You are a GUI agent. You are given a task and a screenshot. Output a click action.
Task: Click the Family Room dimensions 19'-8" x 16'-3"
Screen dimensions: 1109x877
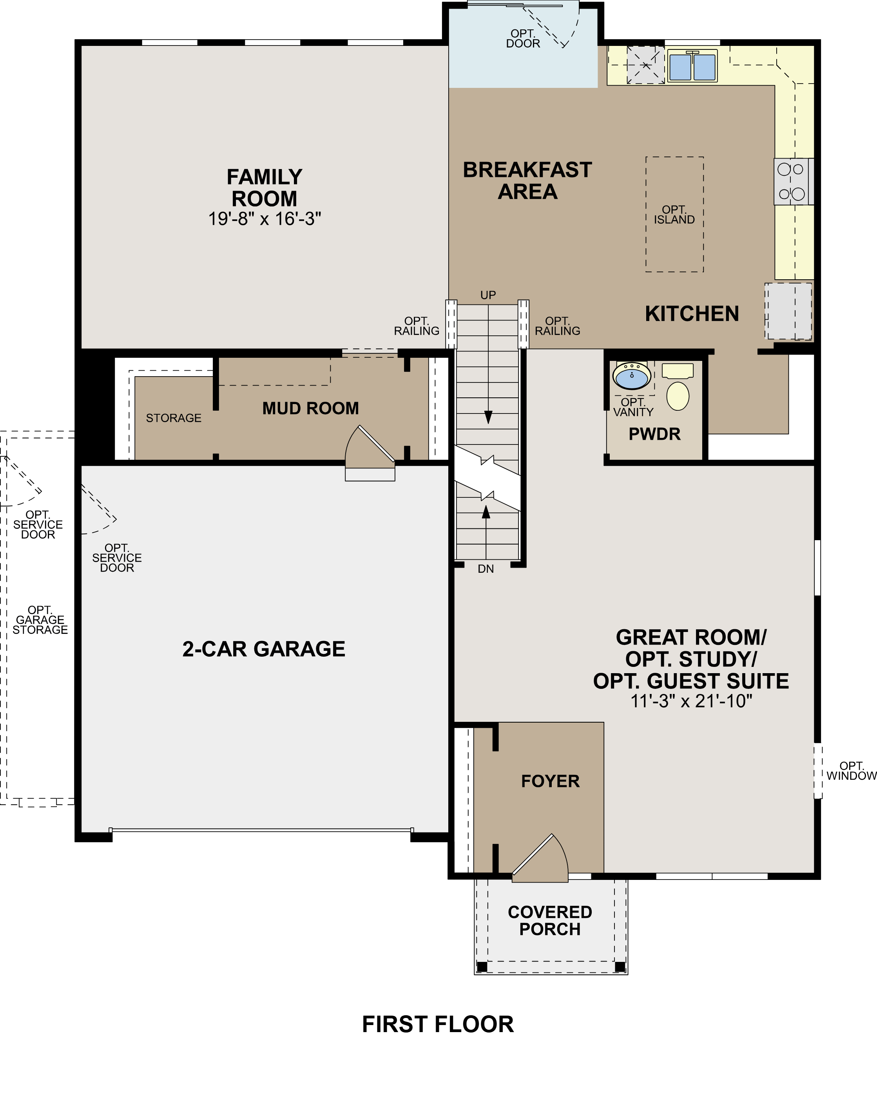[x=265, y=219]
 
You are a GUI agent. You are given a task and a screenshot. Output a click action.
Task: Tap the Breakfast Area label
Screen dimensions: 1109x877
[x=527, y=181]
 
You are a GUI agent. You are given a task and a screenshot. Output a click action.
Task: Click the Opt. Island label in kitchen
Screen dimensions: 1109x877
[x=674, y=215]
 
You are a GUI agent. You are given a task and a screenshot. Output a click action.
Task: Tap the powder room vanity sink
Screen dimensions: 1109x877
[x=632, y=375]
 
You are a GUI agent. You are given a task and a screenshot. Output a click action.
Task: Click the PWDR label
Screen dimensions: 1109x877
[x=655, y=434]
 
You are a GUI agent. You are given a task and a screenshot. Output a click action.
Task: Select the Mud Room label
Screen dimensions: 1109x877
[x=311, y=408]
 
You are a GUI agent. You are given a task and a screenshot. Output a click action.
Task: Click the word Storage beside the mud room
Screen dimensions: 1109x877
[x=174, y=418]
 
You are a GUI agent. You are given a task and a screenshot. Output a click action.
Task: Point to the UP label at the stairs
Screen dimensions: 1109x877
[x=488, y=295]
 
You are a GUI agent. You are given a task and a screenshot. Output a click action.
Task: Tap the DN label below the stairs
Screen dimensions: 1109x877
[x=486, y=569]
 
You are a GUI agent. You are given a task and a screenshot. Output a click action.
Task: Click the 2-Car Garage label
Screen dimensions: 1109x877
[x=264, y=649]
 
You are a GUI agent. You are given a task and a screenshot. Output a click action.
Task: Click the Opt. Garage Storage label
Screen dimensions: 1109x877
[x=40, y=620]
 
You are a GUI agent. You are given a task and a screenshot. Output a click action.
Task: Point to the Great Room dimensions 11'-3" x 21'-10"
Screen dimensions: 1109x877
[x=691, y=701]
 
